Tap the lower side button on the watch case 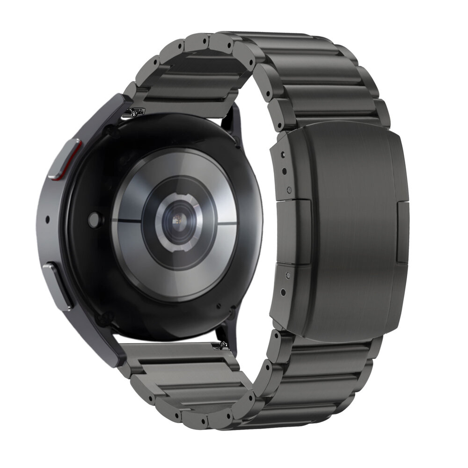point(57,285)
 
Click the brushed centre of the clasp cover point(356,229)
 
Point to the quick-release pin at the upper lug point(136,112)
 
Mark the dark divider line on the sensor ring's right point(227,223)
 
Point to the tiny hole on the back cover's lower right point(219,307)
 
